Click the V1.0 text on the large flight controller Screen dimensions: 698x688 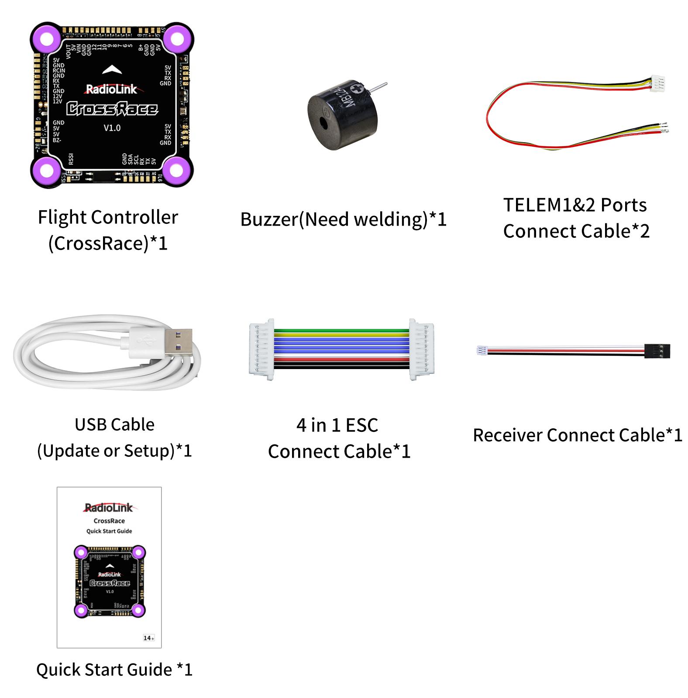[x=112, y=128]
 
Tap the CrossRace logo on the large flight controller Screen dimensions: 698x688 [x=112, y=109]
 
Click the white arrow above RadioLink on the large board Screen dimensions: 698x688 [x=112, y=70]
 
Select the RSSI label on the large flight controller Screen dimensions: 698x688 [x=71, y=159]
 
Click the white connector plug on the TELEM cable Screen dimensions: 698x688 [x=657, y=83]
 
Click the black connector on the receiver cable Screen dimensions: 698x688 [x=657, y=351]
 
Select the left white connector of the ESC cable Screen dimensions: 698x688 [x=261, y=349]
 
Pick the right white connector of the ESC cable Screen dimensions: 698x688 [x=422, y=349]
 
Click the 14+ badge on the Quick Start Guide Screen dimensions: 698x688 [x=148, y=638]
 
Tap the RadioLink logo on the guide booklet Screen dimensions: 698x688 [x=109, y=508]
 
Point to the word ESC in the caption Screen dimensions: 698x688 [x=362, y=425]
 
